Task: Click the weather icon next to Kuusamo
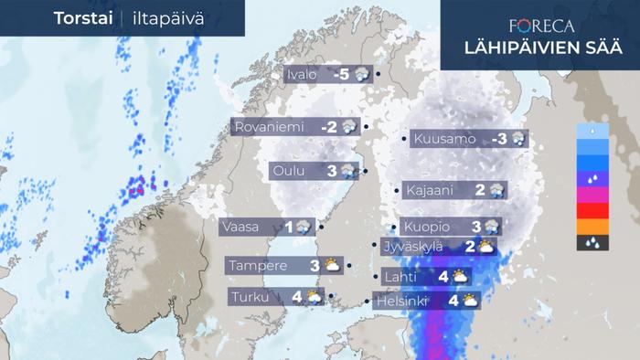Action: coord(518,140)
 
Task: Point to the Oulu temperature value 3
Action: coord(332,170)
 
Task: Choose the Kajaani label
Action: coord(428,190)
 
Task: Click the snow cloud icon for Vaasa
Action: coord(303,227)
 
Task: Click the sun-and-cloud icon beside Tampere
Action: coord(331,266)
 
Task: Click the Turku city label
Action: coord(249,297)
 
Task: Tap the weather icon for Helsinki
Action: coord(470,300)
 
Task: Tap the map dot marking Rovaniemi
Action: coord(366,126)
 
